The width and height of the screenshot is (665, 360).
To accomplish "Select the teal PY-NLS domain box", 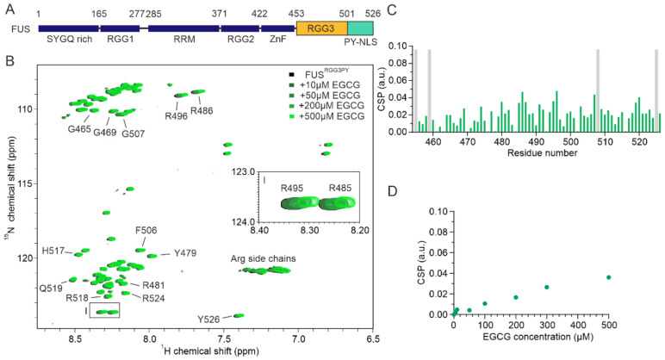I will click(x=359, y=28).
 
